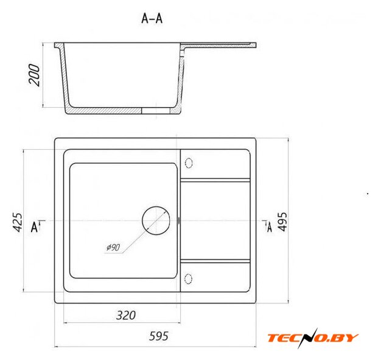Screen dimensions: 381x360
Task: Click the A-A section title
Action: click(x=152, y=18)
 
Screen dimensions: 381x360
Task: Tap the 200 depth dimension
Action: click(x=34, y=75)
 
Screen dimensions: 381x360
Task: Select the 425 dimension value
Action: click(x=18, y=222)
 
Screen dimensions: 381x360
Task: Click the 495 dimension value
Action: click(x=282, y=221)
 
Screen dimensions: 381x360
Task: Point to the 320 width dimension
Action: click(x=125, y=315)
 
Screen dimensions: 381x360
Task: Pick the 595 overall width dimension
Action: click(x=158, y=336)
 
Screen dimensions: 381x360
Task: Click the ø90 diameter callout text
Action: click(x=113, y=247)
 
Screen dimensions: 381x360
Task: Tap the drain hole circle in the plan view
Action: click(x=156, y=221)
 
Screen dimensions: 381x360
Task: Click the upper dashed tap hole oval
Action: click(x=189, y=163)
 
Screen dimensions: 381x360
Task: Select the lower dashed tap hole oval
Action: click(x=188, y=278)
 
